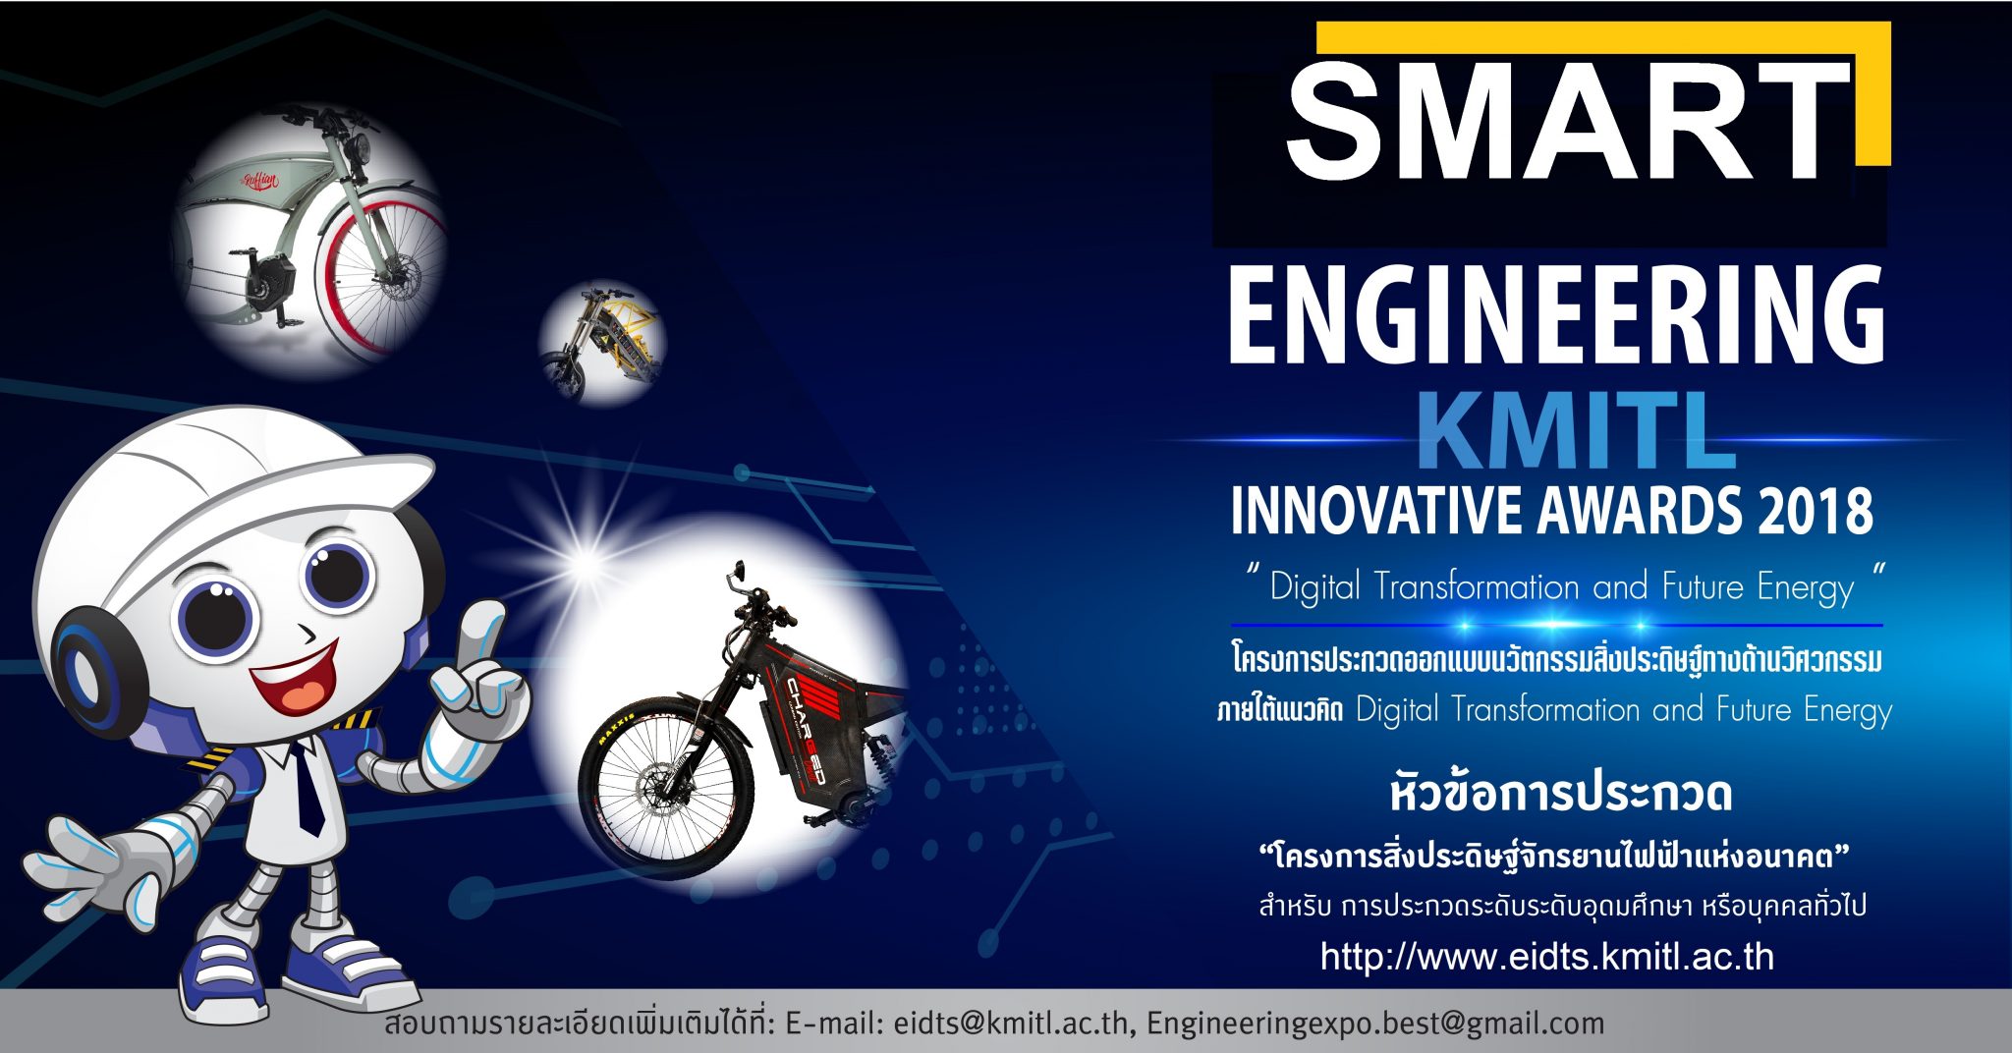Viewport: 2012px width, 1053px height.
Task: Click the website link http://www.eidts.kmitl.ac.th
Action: coord(1547,956)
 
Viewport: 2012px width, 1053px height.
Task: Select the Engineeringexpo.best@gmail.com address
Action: coord(1374,1024)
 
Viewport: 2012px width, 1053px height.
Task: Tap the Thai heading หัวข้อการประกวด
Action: coord(1561,793)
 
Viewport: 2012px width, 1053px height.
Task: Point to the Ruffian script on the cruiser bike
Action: coord(261,181)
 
